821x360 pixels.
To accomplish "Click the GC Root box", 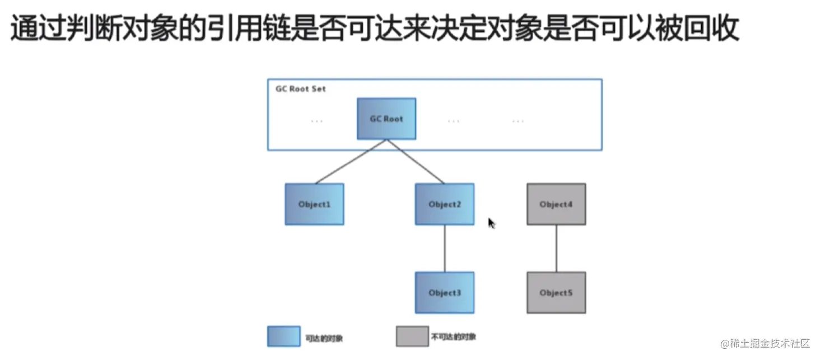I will coord(386,119).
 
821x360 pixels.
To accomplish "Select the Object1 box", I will coord(314,204).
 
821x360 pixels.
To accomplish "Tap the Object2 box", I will coord(445,204).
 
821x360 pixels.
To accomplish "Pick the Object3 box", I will coord(445,293).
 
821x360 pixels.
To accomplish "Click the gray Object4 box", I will coord(556,204).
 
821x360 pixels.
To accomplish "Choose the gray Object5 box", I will coord(556,293).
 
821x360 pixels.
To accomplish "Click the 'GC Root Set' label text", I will coord(300,89).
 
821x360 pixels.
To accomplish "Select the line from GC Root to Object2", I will coord(416,162).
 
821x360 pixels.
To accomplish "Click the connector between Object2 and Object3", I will coord(445,249).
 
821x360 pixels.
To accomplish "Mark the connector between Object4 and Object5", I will coord(556,249).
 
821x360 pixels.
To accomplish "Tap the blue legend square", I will coord(284,336).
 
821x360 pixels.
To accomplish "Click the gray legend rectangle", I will coord(412,336).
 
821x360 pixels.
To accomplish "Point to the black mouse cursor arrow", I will coord(491,223).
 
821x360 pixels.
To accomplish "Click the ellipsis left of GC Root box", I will coord(316,120).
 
